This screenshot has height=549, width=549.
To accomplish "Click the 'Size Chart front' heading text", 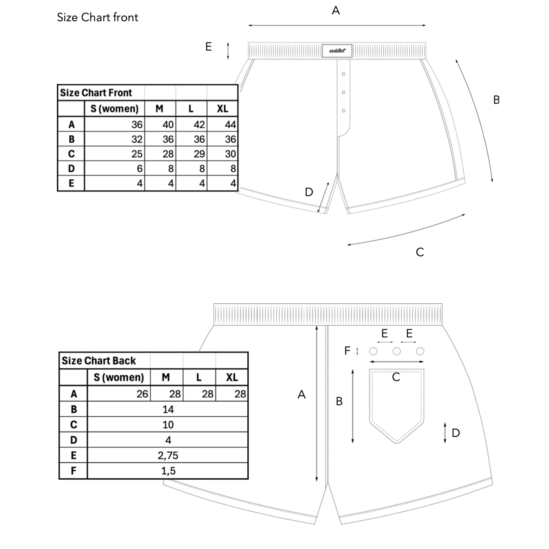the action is coord(97,17).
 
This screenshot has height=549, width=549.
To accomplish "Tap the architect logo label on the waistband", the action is coord(337,51).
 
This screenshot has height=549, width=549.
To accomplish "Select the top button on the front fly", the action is coord(344,74).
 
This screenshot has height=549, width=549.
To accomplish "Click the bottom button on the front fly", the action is coord(344,111).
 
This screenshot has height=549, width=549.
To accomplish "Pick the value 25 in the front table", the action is coord(137,154).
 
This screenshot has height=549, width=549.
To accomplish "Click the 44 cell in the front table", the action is coord(231,124).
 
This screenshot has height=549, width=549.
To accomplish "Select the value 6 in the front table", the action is coord(139,169).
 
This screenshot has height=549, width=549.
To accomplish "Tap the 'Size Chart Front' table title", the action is coord(96,93).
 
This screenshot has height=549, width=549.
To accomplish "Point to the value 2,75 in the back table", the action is coord(168,455).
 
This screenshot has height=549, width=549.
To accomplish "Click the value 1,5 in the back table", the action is coord(168,471).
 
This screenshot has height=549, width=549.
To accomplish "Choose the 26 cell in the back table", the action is coord(142,394).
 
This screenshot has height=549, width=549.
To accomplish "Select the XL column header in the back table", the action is coord(232,377).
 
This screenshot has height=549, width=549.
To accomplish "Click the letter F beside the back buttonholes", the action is coord(347,351).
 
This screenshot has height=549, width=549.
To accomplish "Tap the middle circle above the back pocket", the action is coord(397,351).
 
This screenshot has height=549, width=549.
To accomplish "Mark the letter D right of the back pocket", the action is coord(456,433).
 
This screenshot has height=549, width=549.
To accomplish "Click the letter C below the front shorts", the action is coord(420,252).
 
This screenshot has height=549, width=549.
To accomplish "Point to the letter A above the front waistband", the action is coord(336,10).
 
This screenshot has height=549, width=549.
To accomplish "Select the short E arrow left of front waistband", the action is coord(228,51).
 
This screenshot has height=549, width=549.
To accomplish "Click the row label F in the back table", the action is coord(74,471).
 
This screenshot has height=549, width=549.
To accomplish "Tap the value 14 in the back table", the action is coord(168,409).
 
